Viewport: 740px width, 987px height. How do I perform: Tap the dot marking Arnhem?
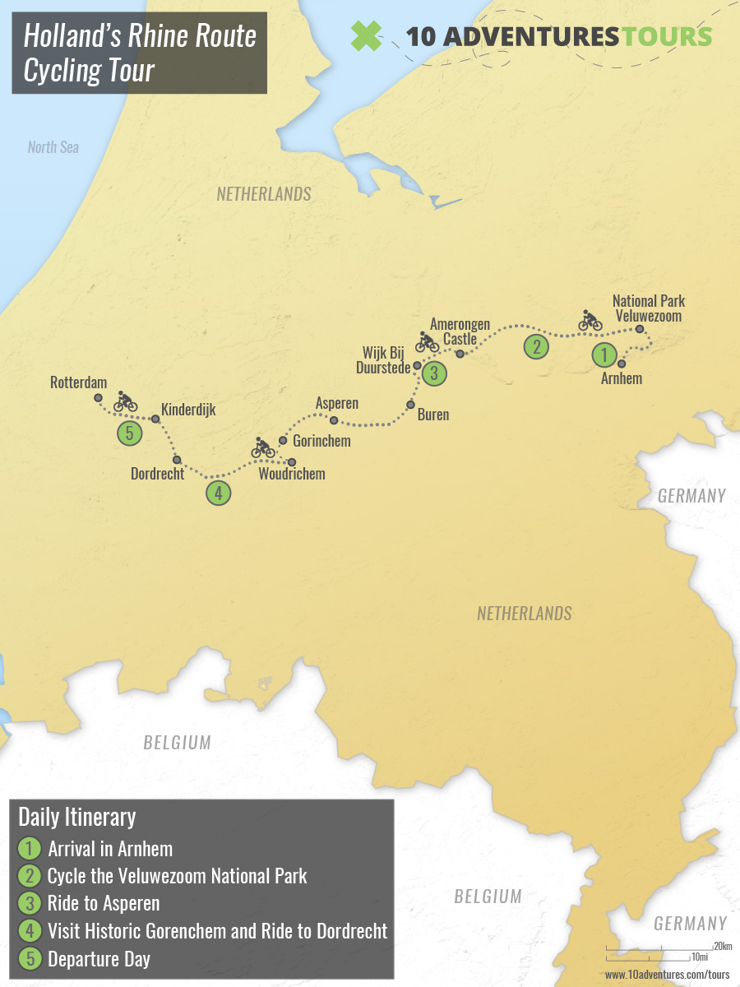coord(622,363)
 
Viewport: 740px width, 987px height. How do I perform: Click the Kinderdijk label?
coord(188,409)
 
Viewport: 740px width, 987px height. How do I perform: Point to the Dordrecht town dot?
coord(177,459)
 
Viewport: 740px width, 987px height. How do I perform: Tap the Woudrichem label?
coord(291,474)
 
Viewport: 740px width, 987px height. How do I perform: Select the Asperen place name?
coord(337,404)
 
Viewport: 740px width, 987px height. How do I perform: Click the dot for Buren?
coord(410,405)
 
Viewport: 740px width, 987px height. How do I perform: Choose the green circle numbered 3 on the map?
coord(434,373)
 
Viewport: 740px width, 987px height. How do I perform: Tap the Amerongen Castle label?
coord(460,331)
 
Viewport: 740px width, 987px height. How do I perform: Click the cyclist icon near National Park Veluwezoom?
coord(590,320)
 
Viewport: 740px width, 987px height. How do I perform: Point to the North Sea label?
coord(53,147)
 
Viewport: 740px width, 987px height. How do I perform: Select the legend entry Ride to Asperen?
coord(104,903)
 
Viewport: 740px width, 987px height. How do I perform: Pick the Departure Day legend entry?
coord(99,958)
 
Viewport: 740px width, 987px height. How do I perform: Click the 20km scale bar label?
coord(723,946)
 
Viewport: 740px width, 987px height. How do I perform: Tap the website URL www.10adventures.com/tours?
coord(667,975)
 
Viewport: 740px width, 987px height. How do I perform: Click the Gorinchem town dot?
coord(283,441)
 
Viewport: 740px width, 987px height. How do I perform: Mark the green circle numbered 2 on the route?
coord(536,346)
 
